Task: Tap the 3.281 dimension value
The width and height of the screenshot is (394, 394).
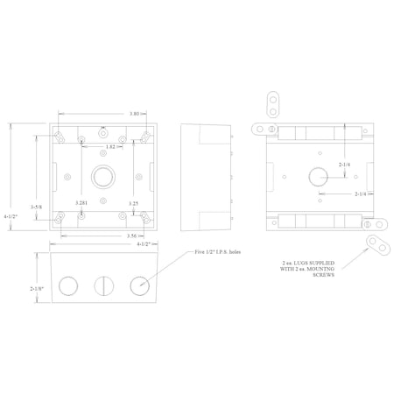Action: (81, 203)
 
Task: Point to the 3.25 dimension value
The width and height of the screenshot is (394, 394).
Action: (134, 203)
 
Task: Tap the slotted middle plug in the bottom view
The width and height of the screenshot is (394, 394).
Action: (102, 285)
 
